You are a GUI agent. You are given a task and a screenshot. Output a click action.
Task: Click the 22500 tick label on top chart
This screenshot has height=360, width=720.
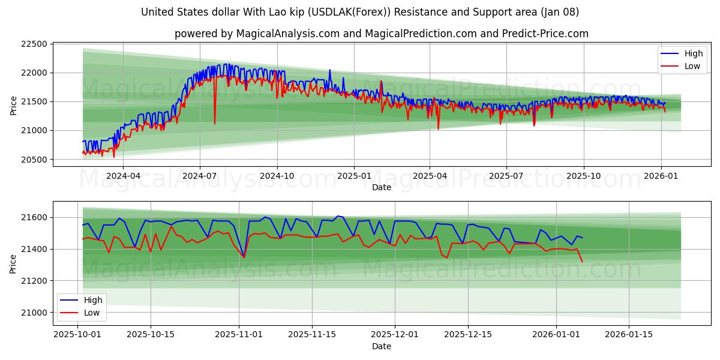click(34, 44)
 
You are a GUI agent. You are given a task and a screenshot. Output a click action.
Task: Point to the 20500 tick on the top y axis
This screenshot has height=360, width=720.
click(34, 160)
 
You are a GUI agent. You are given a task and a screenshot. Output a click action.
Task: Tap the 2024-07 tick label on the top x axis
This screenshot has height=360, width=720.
click(199, 176)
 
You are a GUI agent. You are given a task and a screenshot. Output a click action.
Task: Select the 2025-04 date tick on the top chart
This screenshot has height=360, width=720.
click(430, 176)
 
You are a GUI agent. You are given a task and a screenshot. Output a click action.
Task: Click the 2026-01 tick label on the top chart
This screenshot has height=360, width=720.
click(661, 176)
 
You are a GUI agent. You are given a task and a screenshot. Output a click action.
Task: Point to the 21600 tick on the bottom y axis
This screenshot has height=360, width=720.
click(34, 217)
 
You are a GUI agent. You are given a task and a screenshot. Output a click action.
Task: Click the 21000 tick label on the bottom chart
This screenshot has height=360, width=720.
click(34, 313)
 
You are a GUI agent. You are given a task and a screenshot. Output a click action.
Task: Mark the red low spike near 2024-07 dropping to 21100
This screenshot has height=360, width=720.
click(215, 124)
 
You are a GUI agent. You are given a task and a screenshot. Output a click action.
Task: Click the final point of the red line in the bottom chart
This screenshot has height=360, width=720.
click(582, 262)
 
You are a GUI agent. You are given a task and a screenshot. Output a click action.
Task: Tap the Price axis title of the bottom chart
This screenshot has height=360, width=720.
click(13, 263)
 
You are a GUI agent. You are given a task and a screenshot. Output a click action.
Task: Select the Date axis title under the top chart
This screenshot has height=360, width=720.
click(381, 187)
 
